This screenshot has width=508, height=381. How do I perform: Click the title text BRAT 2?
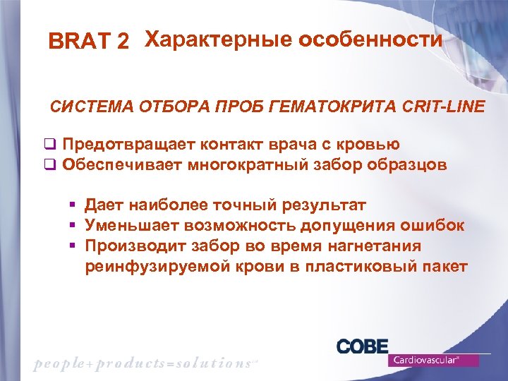pos(88,42)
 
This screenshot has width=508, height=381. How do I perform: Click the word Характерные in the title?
pos(217,40)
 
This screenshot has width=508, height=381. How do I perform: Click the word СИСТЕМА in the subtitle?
pos(87,107)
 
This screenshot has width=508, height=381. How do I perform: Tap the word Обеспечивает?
pos(122,165)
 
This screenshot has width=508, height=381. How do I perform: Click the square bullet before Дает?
pos(72,205)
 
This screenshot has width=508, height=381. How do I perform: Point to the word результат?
pos(324,205)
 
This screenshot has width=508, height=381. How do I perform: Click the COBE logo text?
pos(362,346)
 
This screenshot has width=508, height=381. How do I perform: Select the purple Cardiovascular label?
pos(433,360)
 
